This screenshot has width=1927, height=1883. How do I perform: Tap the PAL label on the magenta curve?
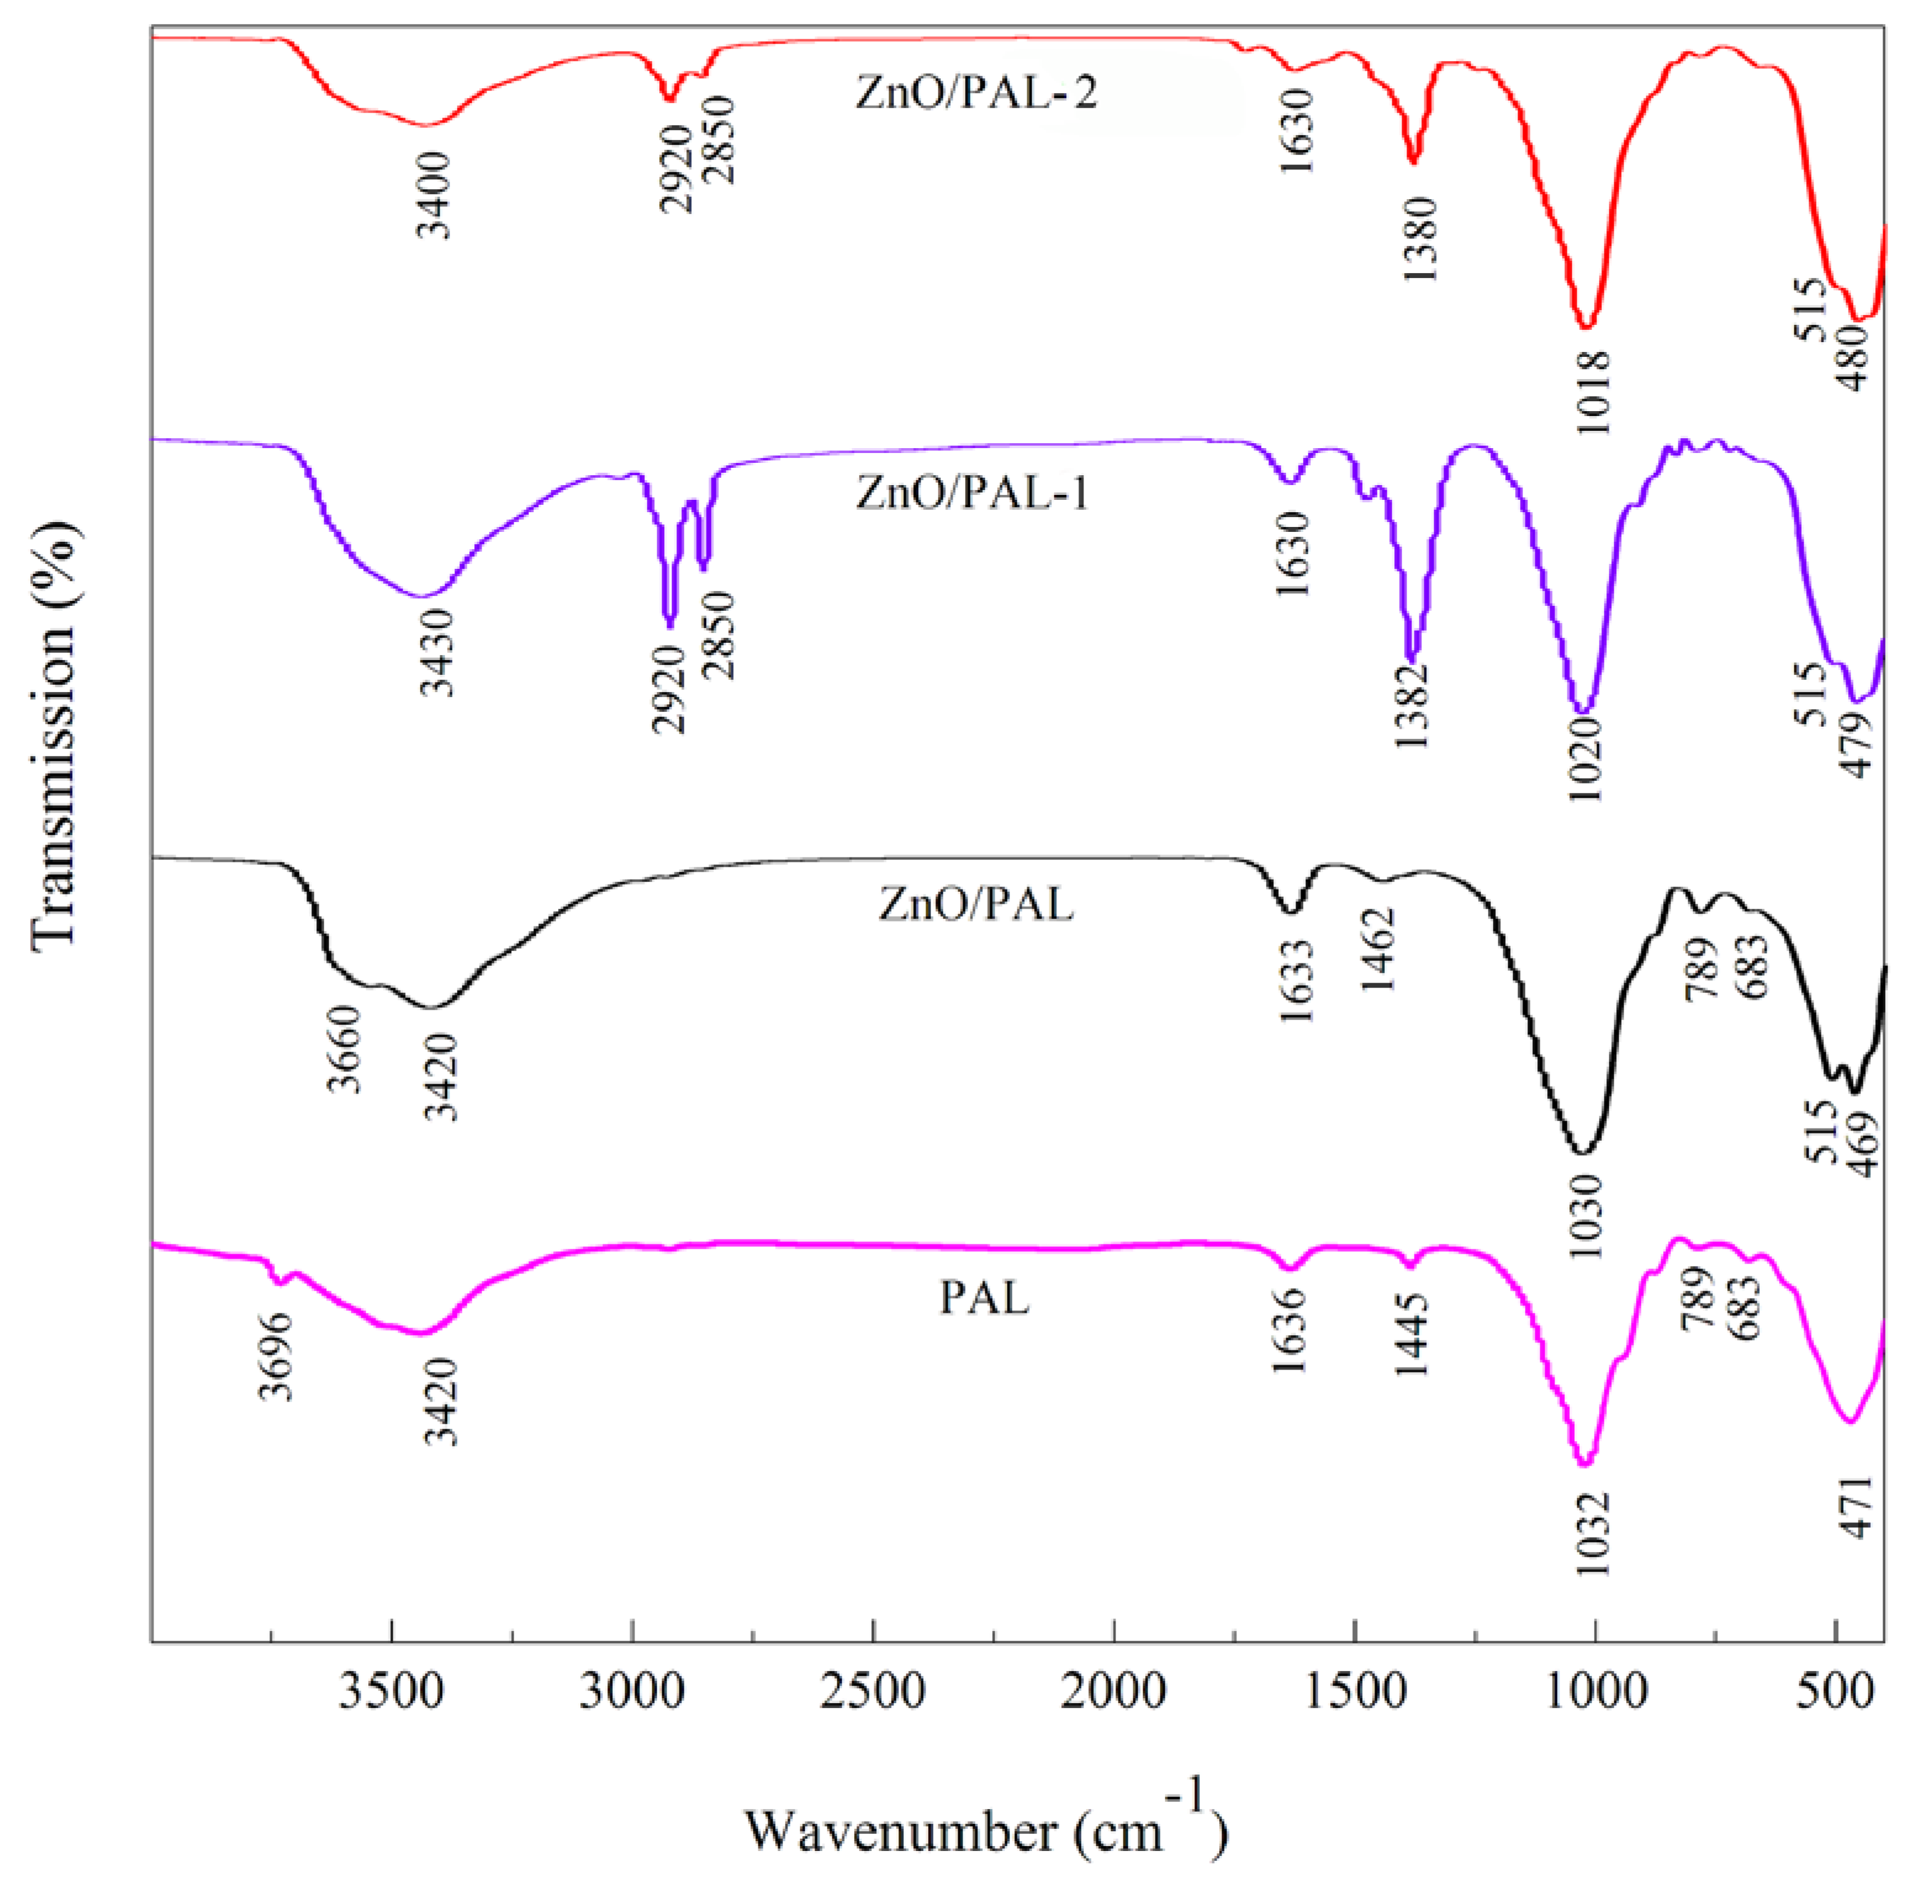pyautogui.click(x=984, y=1299)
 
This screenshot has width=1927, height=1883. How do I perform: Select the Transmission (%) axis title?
pyautogui.click(x=55, y=734)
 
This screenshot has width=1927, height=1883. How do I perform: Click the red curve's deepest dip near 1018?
pyautogui.click(x=1586, y=325)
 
